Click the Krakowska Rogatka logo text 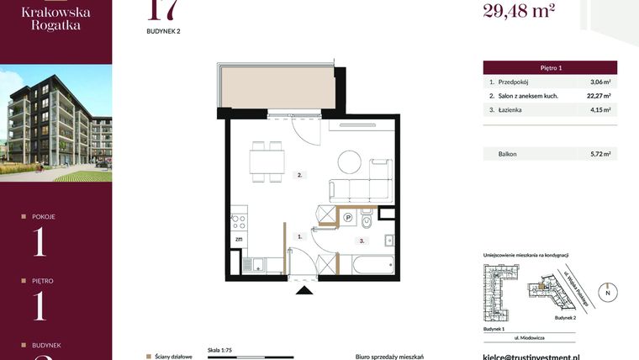click(55, 18)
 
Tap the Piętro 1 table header click(550, 66)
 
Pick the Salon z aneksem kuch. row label click(529, 96)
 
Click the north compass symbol click(607, 293)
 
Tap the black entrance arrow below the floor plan click(304, 291)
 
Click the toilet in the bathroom click(367, 222)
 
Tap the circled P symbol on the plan click(347, 217)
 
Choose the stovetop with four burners click(238, 223)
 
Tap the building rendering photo click(55, 123)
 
